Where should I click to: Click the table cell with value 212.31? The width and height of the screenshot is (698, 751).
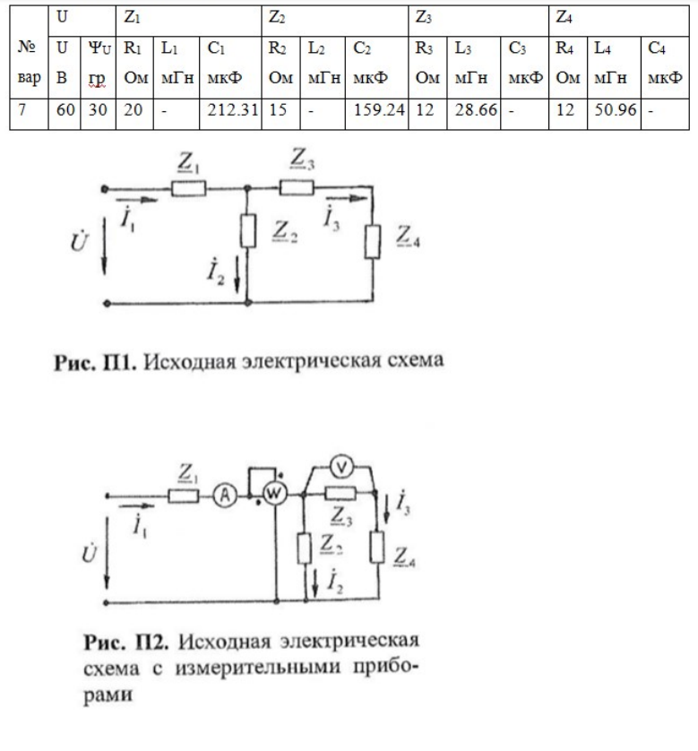point(237,119)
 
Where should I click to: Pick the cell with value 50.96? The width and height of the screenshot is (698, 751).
point(613,119)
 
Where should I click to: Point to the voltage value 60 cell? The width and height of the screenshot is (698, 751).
point(61,119)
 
